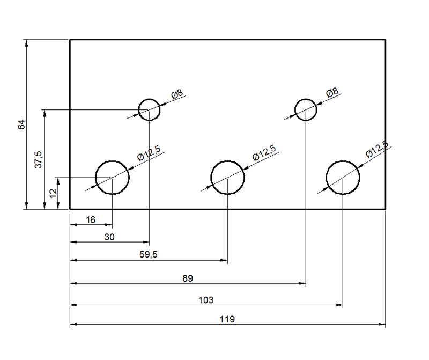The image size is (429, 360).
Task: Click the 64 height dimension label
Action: tap(21, 124)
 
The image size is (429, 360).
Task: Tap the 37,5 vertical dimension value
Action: tap(39, 159)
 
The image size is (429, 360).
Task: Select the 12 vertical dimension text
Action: tap(53, 193)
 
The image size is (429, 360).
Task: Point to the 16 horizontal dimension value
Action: tap(91, 220)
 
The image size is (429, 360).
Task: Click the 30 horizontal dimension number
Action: tap(109, 237)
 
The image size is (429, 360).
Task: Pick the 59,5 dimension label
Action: tap(149, 255)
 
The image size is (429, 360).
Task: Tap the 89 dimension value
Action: tap(188, 278)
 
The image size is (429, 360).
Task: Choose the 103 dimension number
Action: tap(206, 300)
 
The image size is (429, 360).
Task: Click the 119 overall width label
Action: tap(227, 319)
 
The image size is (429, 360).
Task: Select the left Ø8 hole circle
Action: tap(139, 110)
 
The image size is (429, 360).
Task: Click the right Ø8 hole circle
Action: tap(295, 110)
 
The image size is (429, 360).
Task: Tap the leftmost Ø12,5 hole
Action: tap(96, 178)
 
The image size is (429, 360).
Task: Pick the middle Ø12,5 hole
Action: tap(211, 178)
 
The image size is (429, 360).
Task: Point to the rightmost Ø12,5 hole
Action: tap(326, 178)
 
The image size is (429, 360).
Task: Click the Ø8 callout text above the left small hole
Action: tap(177, 94)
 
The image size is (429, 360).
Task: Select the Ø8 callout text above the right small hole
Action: tap(332, 92)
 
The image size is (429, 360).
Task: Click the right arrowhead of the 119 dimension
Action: tap(382, 325)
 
